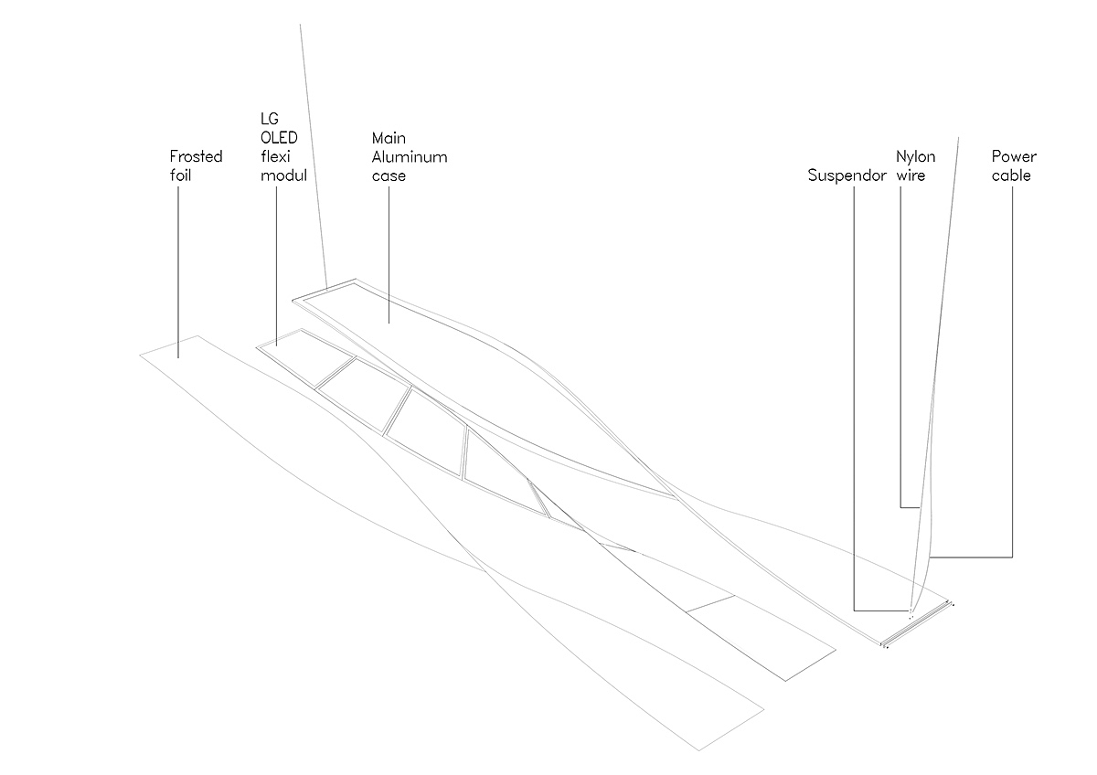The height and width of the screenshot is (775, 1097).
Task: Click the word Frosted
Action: pyautogui.click(x=196, y=156)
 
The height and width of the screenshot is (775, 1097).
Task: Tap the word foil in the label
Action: pyautogui.click(x=180, y=175)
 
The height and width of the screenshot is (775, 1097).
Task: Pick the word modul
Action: pyautogui.click(x=283, y=175)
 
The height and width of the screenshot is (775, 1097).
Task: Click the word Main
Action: pyautogui.click(x=388, y=138)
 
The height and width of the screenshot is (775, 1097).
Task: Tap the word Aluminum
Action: pyautogui.click(x=410, y=156)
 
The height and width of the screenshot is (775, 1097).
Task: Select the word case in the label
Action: pyautogui.click(x=389, y=175)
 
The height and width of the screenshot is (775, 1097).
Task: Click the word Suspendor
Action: pyautogui.click(x=847, y=175)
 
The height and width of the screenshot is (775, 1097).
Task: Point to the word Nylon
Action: pyautogui.click(x=916, y=156)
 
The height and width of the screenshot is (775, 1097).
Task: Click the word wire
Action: pyautogui.click(x=911, y=175)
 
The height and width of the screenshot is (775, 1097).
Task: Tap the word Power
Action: pyautogui.click(x=1014, y=156)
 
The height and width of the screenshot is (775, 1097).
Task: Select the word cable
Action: pyautogui.click(x=1011, y=175)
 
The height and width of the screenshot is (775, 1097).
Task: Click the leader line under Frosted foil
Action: pyautogui.click(x=179, y=265)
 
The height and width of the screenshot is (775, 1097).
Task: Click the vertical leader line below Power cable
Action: pyautogui.click(x=1012, y=366)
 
